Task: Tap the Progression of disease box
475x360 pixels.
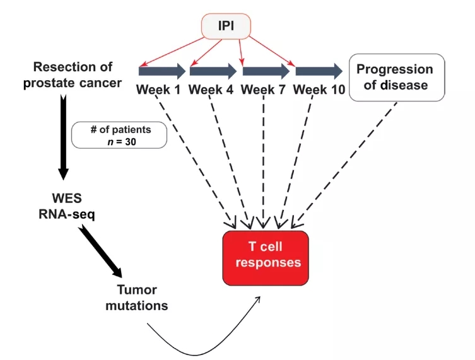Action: point(397,77)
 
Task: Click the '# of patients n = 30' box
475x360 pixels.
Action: point(119,135)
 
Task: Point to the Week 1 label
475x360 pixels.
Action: point(159,90)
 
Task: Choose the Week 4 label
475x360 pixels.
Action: point(211,90)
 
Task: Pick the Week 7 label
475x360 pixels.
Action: point(264,90)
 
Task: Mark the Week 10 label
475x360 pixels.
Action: point(319,90)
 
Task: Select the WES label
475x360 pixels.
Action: point(66,197)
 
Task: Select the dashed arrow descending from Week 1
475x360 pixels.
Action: point(196,161)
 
